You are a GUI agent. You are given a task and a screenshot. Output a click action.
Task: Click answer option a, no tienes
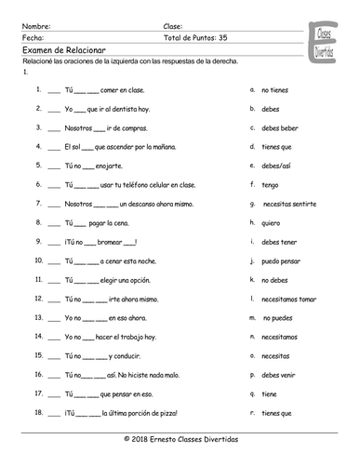tap(276, 90)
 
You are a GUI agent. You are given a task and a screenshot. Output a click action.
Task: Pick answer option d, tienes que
tap(278, 146)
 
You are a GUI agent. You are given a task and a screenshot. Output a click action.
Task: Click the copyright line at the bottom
tap(179, 436)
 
